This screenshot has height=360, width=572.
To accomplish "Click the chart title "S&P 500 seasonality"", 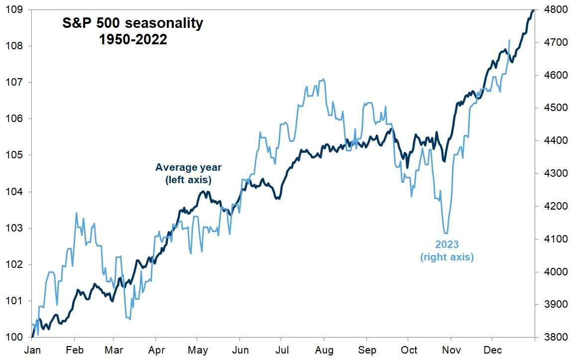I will click(x=132, y=23).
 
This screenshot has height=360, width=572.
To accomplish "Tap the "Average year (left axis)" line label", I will click(x=188, y=173).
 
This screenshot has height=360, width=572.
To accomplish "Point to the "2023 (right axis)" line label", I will click(x=447, y=250).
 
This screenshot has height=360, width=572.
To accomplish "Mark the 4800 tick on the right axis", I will click(x=551, y=9).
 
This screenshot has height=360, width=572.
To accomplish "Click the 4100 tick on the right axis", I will click(x=551, y=239).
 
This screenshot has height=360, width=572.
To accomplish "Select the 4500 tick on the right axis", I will click(x=551, y=108).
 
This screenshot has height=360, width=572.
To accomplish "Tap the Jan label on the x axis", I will click(x=32, y=350).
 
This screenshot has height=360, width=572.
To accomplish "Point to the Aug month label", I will click(x=324, y=350).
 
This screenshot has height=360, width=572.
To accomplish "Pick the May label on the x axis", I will click(x=198, y=350).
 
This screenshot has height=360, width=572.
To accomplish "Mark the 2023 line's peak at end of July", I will click(x=324, y=79).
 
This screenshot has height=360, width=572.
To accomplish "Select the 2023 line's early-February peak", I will click(x=76, y=213).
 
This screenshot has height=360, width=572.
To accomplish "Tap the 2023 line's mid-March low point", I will click(x=130, y=319).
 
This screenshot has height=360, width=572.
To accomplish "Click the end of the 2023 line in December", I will click(x=509, y=40).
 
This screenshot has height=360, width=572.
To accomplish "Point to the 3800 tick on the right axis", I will click(x=551, y=338).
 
